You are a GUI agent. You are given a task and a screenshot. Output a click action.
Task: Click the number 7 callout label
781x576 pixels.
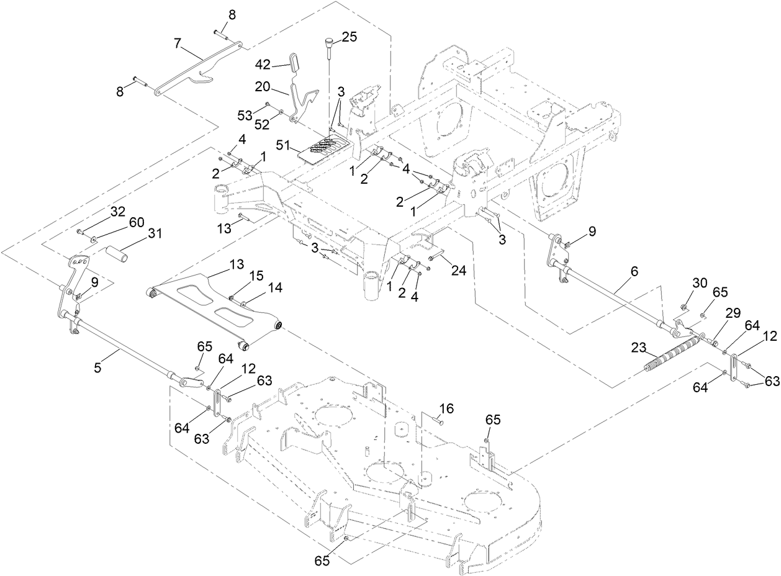[x=178, y=43]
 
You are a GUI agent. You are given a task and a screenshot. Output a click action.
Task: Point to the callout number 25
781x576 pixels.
[x=350, y=37]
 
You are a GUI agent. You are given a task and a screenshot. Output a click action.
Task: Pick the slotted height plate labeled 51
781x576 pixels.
[x=323, y=148]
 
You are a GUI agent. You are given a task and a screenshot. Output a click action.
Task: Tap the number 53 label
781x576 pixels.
[x=245, y=115]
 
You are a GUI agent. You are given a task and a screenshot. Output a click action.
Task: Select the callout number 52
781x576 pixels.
[x=262, y=125]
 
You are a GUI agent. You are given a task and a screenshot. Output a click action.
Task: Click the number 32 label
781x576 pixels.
[x=118, y=210]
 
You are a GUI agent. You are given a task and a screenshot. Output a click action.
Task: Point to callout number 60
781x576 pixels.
[x=136, y=222]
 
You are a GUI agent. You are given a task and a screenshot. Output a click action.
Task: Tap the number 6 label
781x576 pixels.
[x=633, y=271]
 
